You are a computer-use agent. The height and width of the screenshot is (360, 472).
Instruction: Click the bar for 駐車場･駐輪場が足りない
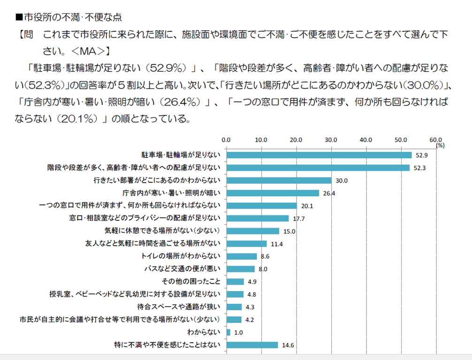click(x=319, y=155)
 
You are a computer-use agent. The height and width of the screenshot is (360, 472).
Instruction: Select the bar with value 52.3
click(x=318, y=168)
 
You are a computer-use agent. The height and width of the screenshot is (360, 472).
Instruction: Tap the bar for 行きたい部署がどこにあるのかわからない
click(x=279, y=180)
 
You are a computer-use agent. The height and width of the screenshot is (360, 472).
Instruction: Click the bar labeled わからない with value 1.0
click(x=228, y=332)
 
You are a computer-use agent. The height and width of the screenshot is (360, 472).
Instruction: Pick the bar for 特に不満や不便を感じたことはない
click(x=252, y=345)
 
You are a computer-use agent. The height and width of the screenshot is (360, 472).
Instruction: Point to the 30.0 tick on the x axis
click(x=331, y=140)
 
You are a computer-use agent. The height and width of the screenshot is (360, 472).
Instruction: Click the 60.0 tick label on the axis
click(x=436, y=140)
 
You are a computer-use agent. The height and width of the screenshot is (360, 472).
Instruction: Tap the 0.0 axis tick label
click(x=226, y=140)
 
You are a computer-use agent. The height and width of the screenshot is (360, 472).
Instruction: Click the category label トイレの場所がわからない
click(x=181, y=256)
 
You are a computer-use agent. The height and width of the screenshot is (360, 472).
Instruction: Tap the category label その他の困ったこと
click(x=191, y=282)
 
